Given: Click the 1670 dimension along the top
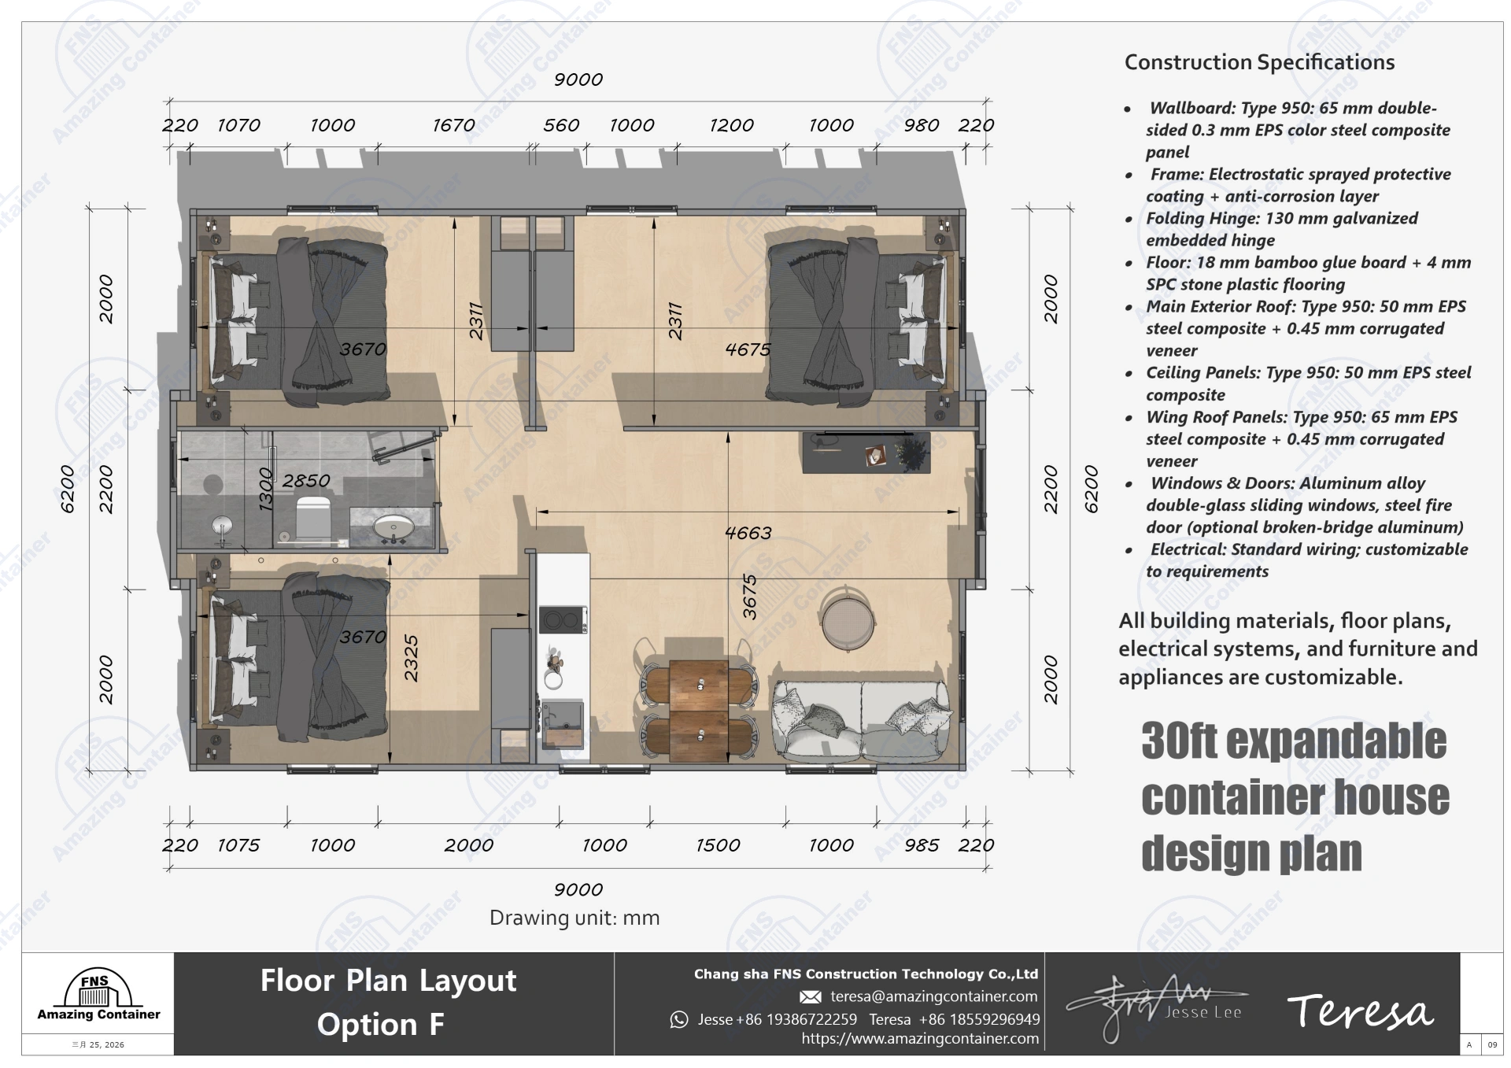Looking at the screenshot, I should [x=453, y=125].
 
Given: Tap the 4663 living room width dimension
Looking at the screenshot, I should [x=748, y=533].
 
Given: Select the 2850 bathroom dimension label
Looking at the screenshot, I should [x=306, y=480].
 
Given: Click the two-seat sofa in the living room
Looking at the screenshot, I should [x=861, y=718].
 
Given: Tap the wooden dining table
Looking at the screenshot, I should [x=699, y=711].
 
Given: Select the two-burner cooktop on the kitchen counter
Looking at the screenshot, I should [x=563, y=620].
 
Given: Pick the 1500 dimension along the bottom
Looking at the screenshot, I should [x=717, y=845].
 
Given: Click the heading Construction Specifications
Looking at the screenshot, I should [x=1259, y=62].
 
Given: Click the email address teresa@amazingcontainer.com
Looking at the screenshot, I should [x=933, y=996].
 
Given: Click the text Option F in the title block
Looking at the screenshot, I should [x=380, y=1024].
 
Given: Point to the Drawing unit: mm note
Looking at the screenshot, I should [x=574, y=918].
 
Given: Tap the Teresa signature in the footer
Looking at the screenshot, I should [x=1360, y=1012].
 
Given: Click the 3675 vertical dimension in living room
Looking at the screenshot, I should [x=749, y=597].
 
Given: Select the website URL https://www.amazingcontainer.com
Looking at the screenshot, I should [x=919, y=1039].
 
